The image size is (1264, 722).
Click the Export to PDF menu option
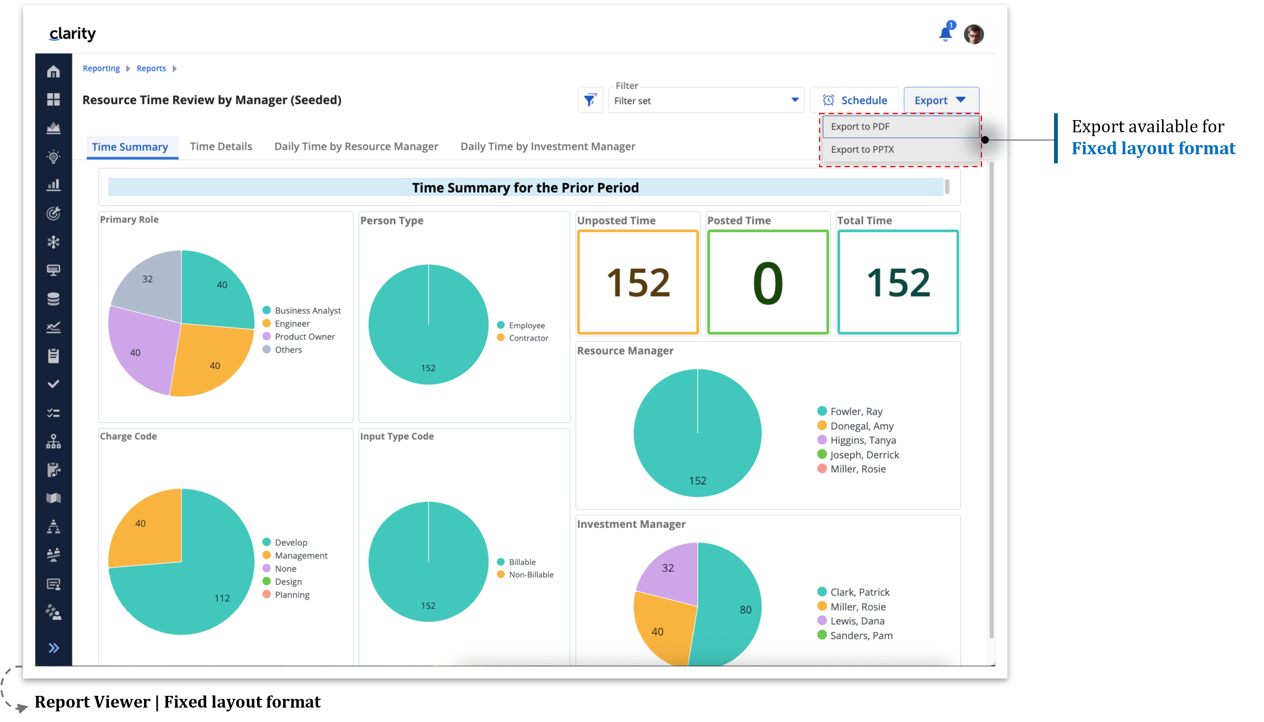tap(860, 127)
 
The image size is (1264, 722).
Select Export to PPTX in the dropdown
tap(862, 149)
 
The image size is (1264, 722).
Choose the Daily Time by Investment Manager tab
tap(547, 146)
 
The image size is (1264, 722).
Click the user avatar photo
tap(973, 34)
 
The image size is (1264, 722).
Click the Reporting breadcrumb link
tap(101, 69)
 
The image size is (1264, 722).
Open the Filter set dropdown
tap(706, 101)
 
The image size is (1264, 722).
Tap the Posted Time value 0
tap(767, 283)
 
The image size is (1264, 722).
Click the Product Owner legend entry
tap(304, 337)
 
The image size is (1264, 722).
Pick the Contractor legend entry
tap(528, 338)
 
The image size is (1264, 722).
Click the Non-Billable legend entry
tap(531, 575)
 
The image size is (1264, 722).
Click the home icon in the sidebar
tap(53, 72)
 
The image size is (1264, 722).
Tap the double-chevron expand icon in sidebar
tap(53, 648)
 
